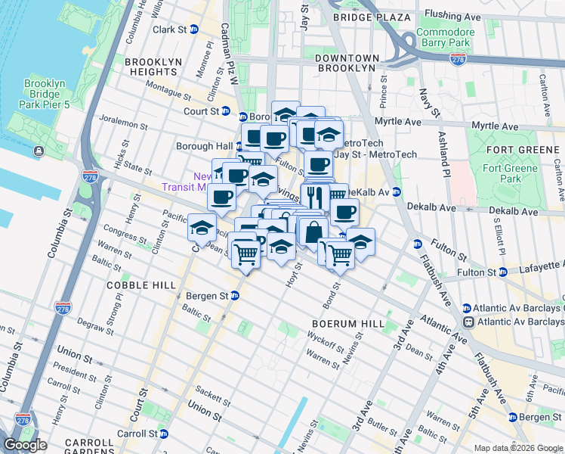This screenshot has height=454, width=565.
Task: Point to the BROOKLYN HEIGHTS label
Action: click(x=150, y=67)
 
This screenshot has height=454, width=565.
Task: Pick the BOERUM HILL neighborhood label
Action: click(x=339, y=322)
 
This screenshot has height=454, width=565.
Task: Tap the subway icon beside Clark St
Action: click(x=194, y=30)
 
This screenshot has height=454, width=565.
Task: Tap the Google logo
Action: click(x=26, y=444)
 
